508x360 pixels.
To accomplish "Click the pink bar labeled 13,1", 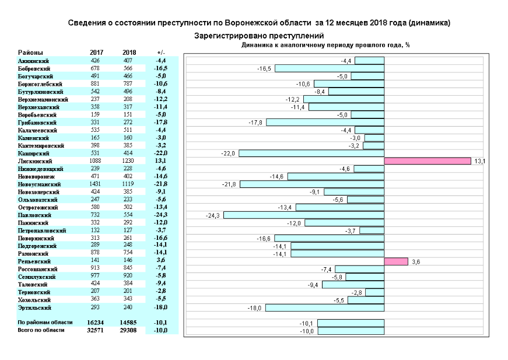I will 427,161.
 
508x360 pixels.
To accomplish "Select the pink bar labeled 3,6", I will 395,262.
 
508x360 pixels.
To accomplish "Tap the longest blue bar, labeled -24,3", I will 303,215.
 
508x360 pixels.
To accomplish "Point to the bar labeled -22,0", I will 311,153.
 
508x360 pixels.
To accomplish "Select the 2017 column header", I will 97,53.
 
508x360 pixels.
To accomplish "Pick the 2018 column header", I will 129,53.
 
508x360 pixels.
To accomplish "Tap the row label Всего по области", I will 41,330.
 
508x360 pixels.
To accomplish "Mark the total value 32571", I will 95,330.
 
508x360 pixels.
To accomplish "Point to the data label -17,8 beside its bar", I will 256,123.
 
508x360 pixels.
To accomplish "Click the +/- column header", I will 161,53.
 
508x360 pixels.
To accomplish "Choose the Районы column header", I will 30,53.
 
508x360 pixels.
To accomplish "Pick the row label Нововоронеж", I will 37,176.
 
